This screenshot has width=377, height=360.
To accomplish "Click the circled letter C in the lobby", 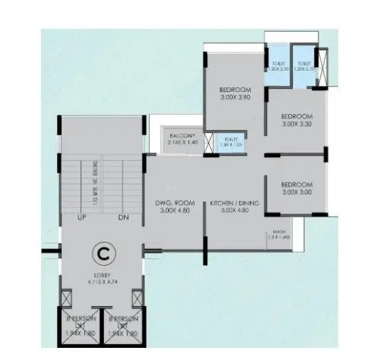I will [100, 250].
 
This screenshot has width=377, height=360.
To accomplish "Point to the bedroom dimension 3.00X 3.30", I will [296, 123].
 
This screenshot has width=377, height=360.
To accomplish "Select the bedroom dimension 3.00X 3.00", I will [296, 191].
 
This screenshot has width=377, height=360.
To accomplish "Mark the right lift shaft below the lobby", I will [123, 327].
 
